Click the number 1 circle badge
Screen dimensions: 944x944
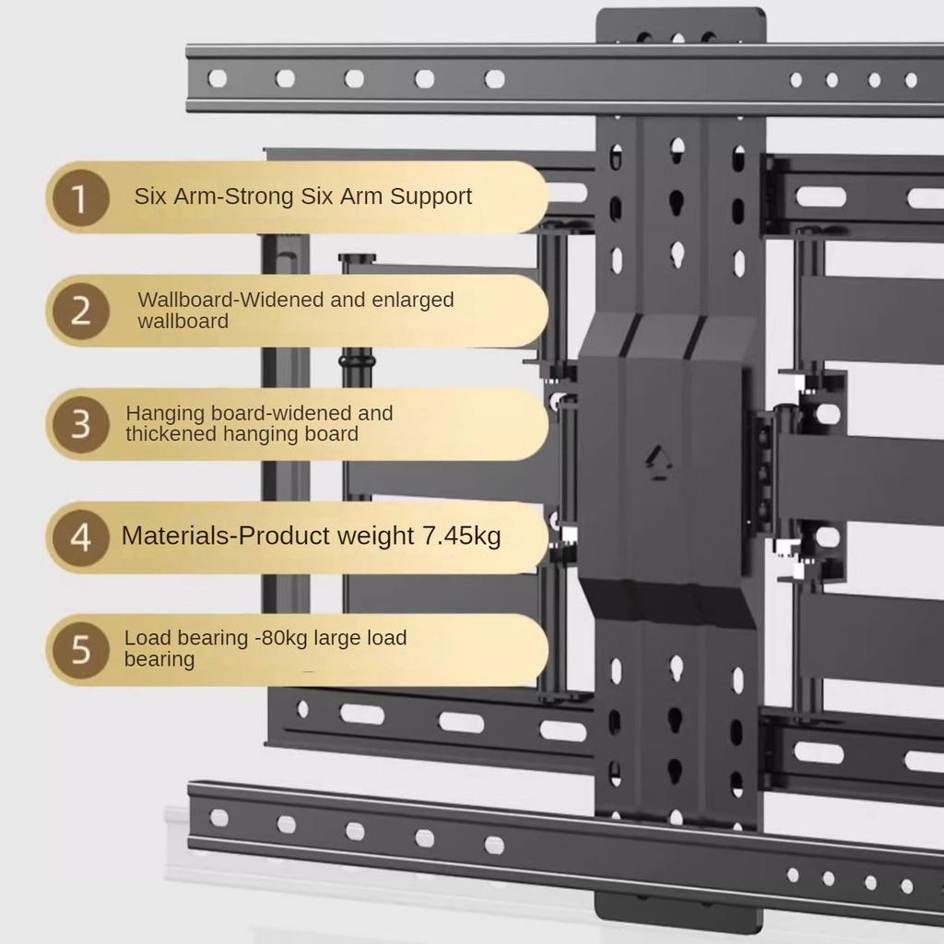80,197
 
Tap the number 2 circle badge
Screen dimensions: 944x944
80,311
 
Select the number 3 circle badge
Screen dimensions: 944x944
80,424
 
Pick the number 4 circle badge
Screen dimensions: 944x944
80,537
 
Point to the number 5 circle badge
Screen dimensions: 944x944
80,650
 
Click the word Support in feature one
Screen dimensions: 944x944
431,196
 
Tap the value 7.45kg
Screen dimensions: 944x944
461,536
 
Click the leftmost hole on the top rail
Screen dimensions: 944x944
217,78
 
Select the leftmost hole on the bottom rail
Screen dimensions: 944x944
218,818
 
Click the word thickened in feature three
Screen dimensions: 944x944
171,433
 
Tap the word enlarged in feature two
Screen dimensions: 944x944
414,300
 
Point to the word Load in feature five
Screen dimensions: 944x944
146,638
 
